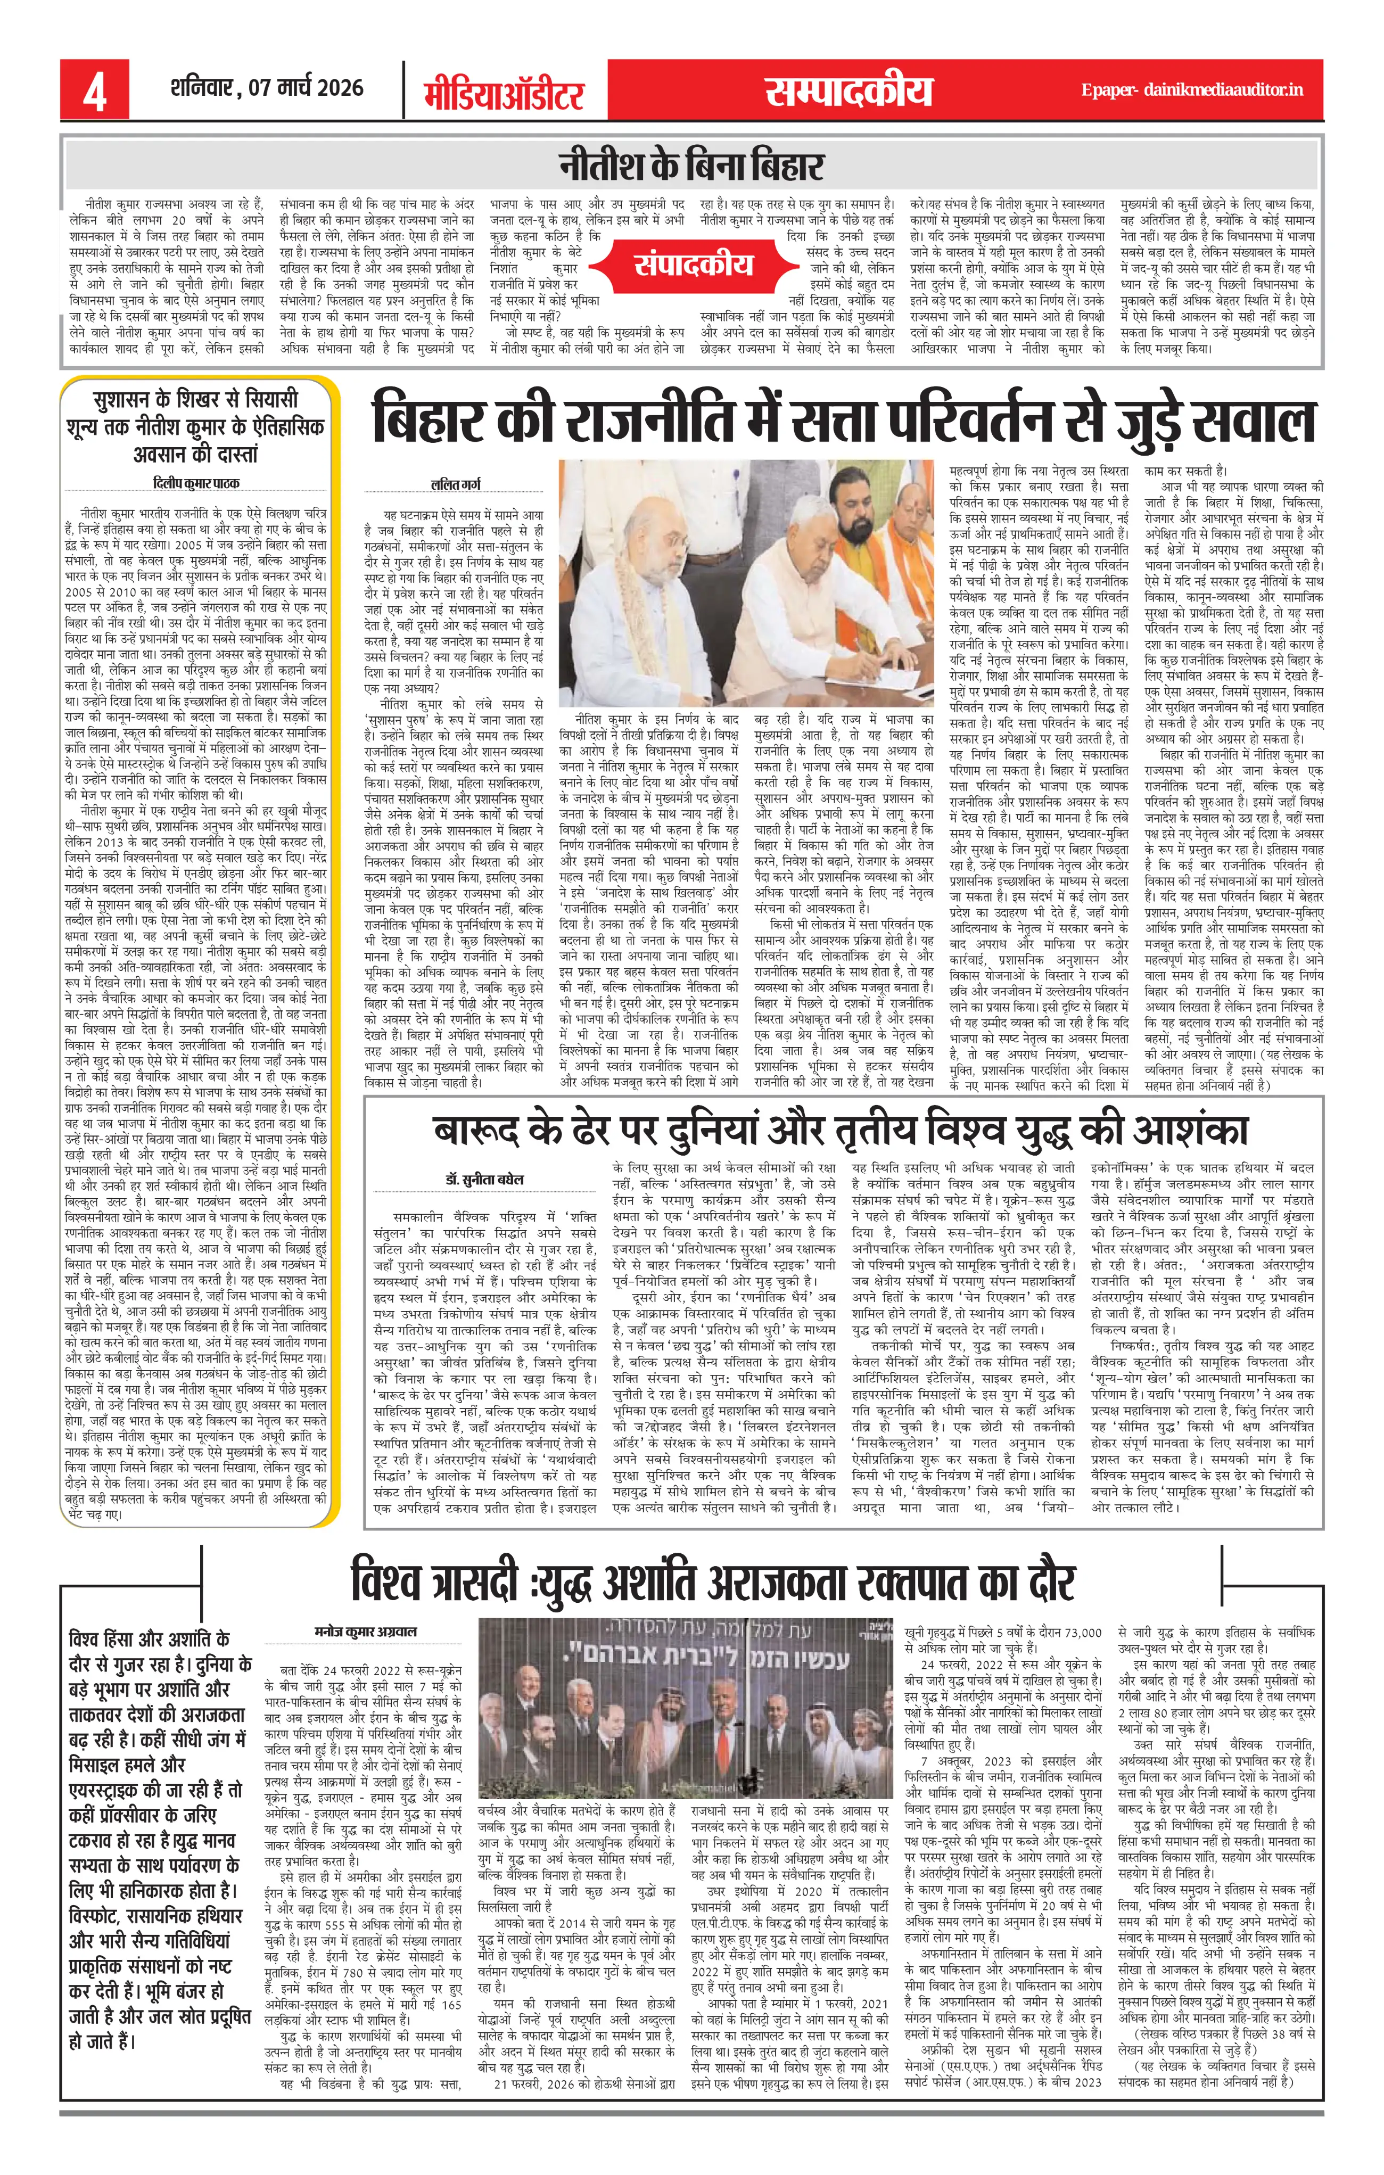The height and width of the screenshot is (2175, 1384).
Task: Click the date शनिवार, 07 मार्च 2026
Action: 267,88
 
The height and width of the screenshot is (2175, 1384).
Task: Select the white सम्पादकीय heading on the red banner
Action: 847,91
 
